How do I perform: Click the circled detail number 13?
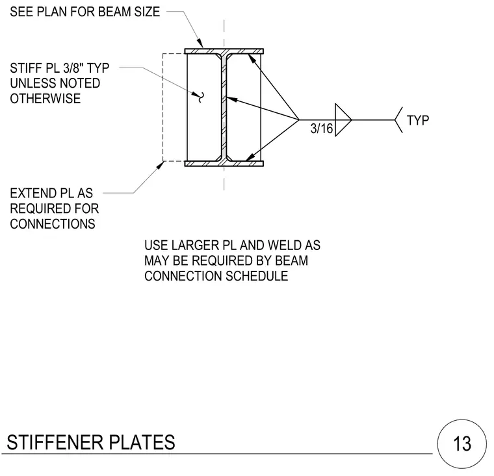pos(462,444)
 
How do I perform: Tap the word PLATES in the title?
pos(142,442)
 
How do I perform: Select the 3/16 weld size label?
pos(321,129)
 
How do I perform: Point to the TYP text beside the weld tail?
pos(418,121)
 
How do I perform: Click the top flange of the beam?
pos(224,51)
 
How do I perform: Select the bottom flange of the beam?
pos(224,164)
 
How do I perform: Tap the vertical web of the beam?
pos(224,107)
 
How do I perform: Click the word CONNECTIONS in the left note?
pos(53,224)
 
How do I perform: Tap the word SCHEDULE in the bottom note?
pos(257,276)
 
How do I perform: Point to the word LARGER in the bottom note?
pos(196,245)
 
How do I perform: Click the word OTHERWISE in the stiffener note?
pos(45,99)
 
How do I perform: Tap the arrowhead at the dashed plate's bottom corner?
pos(160,165)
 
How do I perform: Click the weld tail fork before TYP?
pos(398,120)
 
